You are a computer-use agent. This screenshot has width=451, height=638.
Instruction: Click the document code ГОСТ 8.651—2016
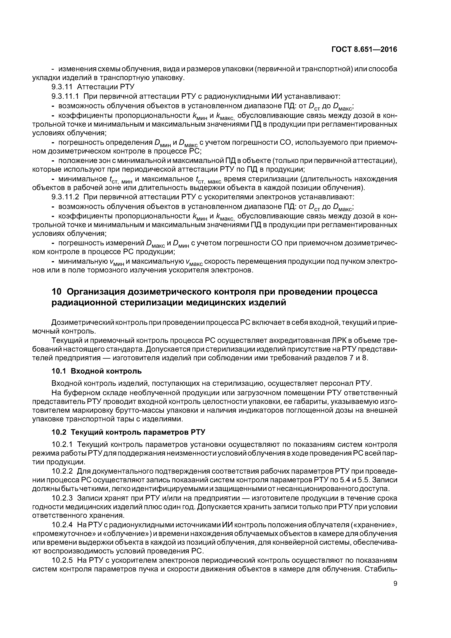tap(364, 49)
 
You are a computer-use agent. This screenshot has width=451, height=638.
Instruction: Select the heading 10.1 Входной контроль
tap(97, 371)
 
